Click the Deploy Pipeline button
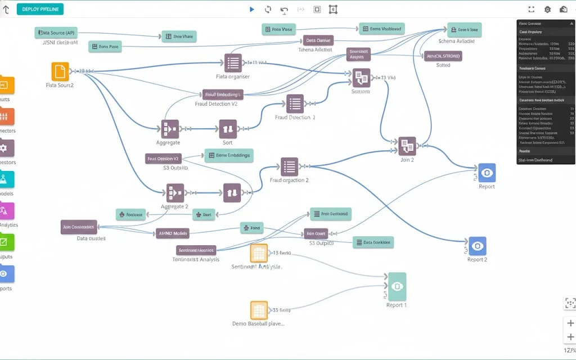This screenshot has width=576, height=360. [x=40, y=9]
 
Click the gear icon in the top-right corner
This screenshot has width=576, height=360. [x=547, y=9]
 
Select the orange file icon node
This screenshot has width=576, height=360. [x=60, y=71]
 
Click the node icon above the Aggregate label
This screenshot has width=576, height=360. [x=170, y=129]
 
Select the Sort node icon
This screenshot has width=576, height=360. [x=228, y=129]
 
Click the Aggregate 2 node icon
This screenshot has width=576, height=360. [x=175, y=193]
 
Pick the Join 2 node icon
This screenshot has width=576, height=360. [x=407, y=146]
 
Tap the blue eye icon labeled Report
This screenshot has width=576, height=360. [x=487, y=173]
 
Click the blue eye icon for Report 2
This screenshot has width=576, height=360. [x=478, y=246]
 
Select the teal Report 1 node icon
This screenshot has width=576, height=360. [x=397, y=286]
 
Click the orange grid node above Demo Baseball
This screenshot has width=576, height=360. [x=259, y=310]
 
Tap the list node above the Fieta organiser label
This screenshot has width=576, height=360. [x=233, y=62]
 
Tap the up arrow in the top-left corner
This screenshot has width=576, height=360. [x=6, y=9]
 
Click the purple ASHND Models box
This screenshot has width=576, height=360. [x=173, y=233]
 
